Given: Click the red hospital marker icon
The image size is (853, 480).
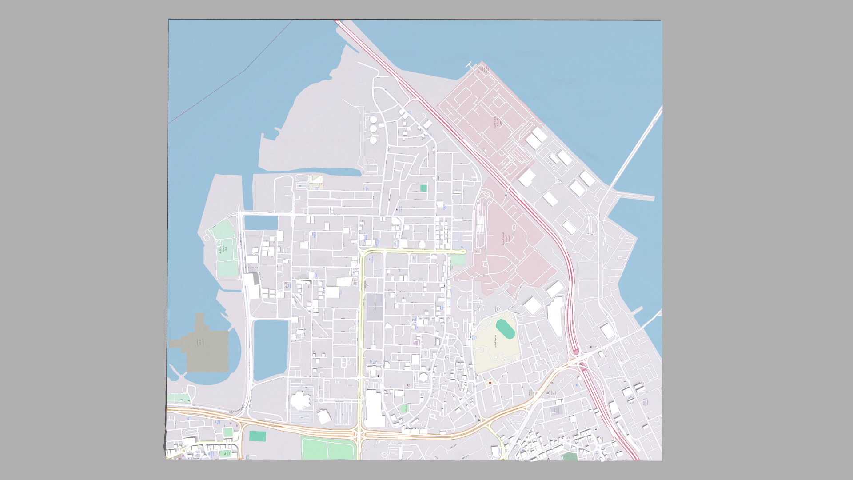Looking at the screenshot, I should click(490, 383).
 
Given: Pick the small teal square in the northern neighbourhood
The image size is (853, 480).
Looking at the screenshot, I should click(423, 188).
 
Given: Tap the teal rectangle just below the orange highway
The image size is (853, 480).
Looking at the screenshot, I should click(257, 436).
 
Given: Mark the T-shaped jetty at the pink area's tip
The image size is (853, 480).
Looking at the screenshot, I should click(470, 66).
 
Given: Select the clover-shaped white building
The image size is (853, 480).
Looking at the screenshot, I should click(301, 400).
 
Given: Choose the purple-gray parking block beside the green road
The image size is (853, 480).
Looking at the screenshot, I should click(374, 307).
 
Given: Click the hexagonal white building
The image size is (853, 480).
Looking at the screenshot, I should click(423, 377).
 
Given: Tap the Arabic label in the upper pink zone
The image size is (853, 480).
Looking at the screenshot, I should click(498, 122).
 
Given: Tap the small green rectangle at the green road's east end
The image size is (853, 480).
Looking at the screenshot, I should click(458, 260).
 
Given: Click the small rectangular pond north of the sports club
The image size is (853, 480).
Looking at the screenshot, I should click(261, 222).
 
